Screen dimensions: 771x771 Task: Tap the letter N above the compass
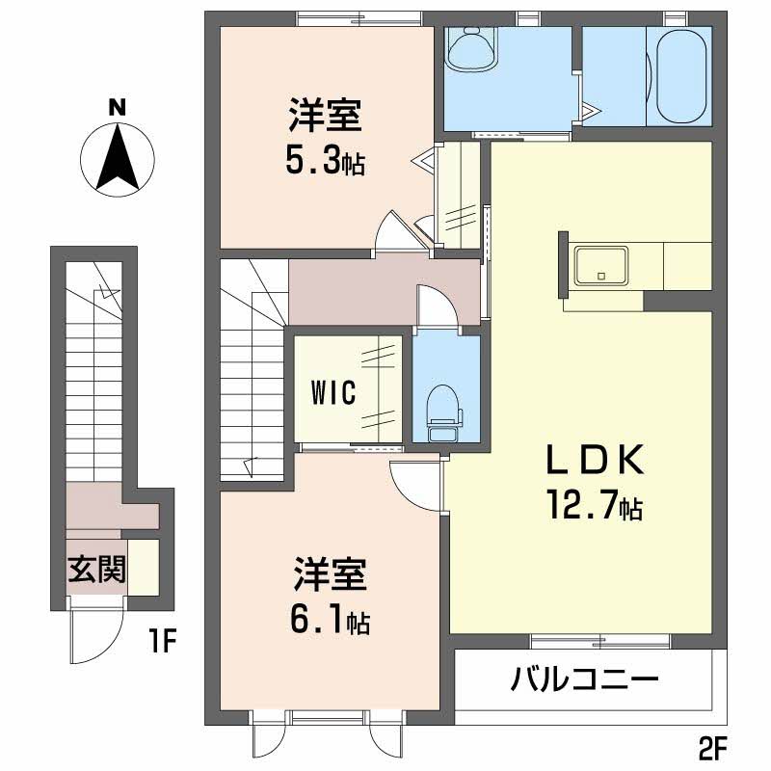[116, 108]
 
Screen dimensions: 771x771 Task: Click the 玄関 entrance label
[96, 570]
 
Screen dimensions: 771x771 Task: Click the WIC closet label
[333, 392]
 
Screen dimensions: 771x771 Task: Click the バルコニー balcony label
[584, 679]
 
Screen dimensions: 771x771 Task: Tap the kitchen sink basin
[600, 264]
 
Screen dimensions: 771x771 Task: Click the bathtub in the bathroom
[678, 77]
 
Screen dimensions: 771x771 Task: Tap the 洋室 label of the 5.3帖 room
[325, 117]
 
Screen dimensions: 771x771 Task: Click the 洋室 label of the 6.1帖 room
[331, 575]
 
